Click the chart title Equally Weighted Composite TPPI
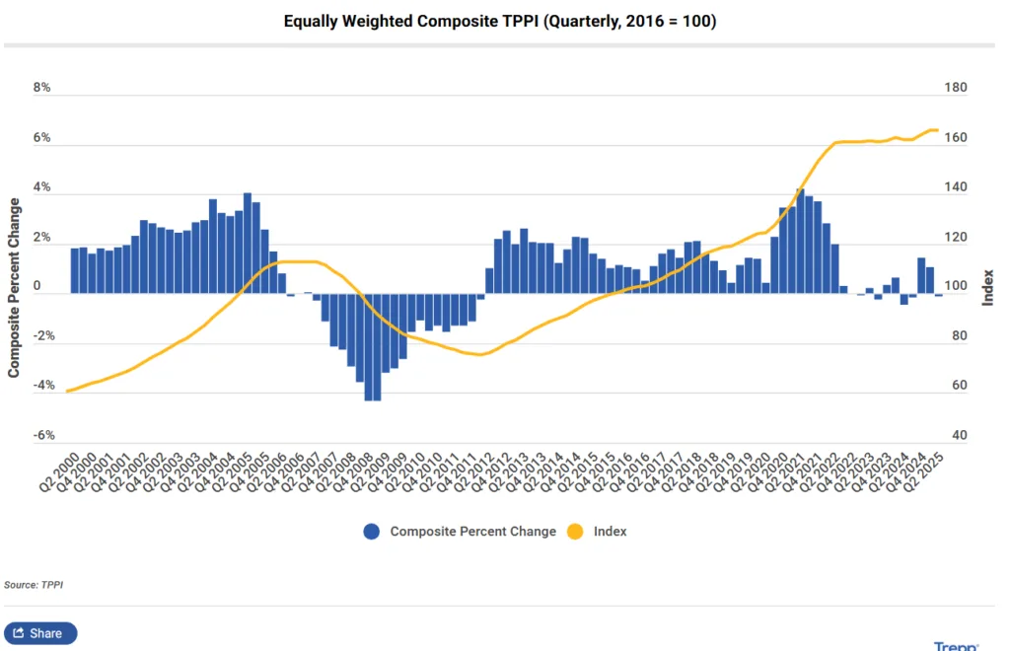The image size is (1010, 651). [499, 21]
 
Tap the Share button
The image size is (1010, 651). [40, 633]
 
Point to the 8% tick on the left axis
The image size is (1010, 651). [41, 88]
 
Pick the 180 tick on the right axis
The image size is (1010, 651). [956, 88]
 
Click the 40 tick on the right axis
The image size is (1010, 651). [953, 435]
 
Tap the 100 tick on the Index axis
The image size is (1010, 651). [956, 287]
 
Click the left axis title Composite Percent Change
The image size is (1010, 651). [14, 287]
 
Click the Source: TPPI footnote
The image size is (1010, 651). [34, 585]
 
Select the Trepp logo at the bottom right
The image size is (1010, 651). [956, 646]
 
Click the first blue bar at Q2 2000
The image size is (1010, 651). [75, 270]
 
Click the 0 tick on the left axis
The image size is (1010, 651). [38, 287]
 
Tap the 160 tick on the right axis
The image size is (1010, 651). [956, 138]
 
